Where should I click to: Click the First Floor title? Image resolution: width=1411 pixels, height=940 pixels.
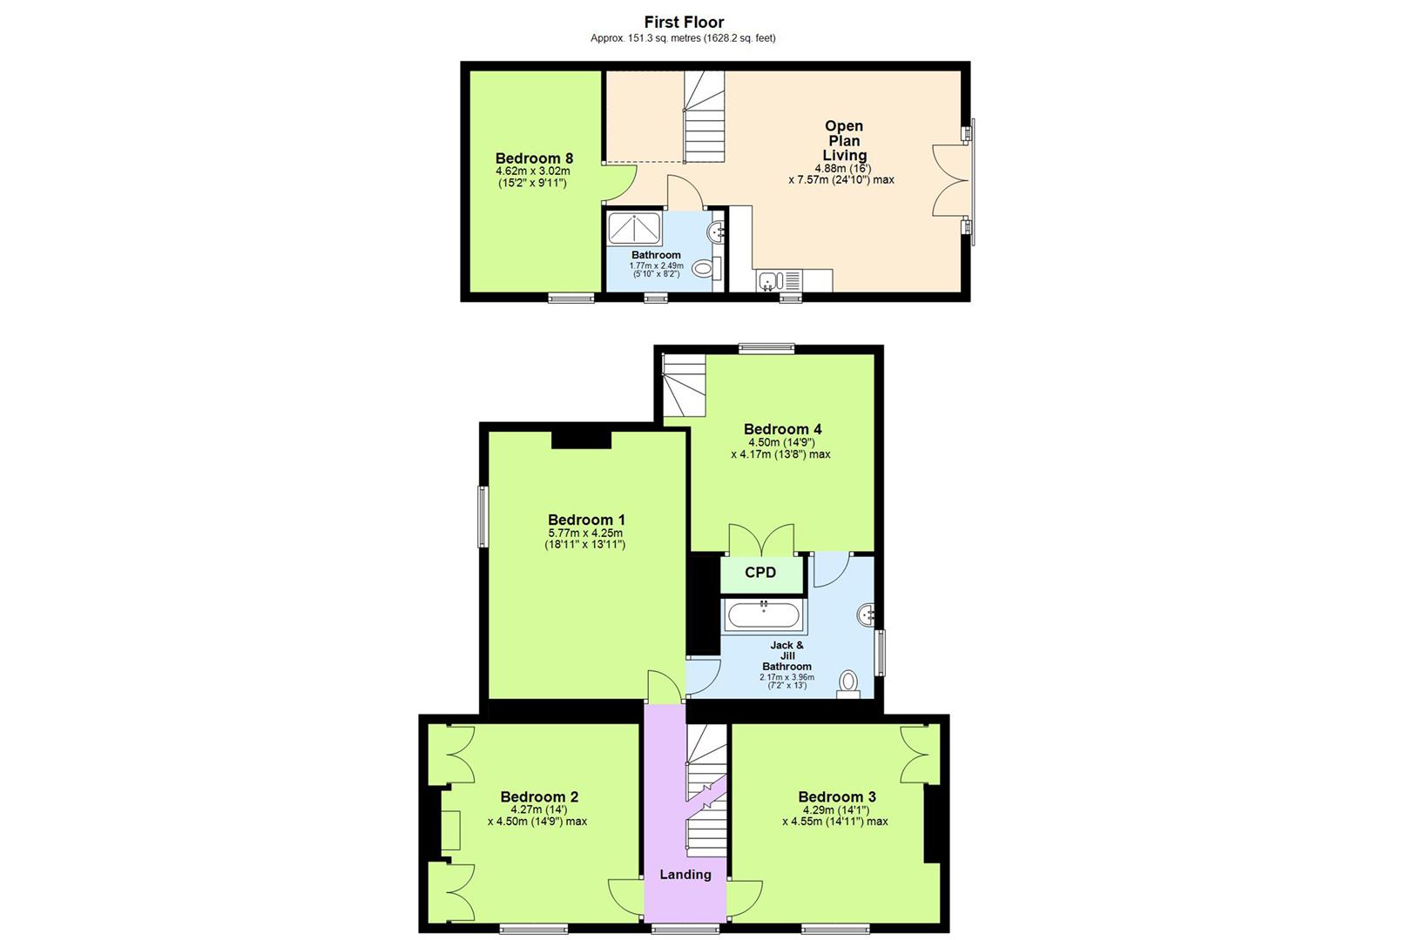click(x=684, y=22)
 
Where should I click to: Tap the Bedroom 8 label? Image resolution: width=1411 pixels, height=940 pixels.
click(x=534, y=158)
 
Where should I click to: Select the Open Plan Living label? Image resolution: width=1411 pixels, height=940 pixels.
click(x=843, y=141)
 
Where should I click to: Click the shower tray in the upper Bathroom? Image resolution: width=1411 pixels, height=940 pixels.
click(x=634, y=229)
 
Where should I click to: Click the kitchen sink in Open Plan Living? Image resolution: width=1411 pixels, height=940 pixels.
click(x=769, y=281)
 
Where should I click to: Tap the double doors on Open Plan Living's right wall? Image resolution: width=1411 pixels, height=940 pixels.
click(x=951, y=180)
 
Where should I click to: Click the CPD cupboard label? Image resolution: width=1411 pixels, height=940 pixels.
click(x=760, y=573)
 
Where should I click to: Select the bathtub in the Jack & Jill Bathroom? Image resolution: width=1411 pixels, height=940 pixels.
click(x=764, y=616)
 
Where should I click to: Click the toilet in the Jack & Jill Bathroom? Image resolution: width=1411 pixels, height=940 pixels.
click(x=848, y=682)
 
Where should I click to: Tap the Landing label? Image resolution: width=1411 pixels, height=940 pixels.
click(x=685, y=875)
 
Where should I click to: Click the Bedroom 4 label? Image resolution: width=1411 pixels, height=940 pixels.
click(x=782, y=429)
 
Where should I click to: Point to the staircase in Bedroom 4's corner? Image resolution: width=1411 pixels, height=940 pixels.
click(x=684, y=385)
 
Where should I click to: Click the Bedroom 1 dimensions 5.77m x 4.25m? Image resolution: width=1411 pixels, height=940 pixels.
click(x=585, y=534)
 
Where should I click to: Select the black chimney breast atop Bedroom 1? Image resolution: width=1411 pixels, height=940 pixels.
click(x=582, y=440)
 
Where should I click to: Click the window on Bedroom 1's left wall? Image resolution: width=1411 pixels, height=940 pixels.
click(x=483, y=516)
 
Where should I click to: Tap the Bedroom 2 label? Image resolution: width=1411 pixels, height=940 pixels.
click(x=539, y=797)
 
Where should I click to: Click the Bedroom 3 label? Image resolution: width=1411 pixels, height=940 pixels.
click(x=837, y=797)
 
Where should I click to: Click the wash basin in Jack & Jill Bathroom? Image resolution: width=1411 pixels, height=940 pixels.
click(x=867, y=615)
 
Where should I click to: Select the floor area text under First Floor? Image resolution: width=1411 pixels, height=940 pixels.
click(x=683, y=38)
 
